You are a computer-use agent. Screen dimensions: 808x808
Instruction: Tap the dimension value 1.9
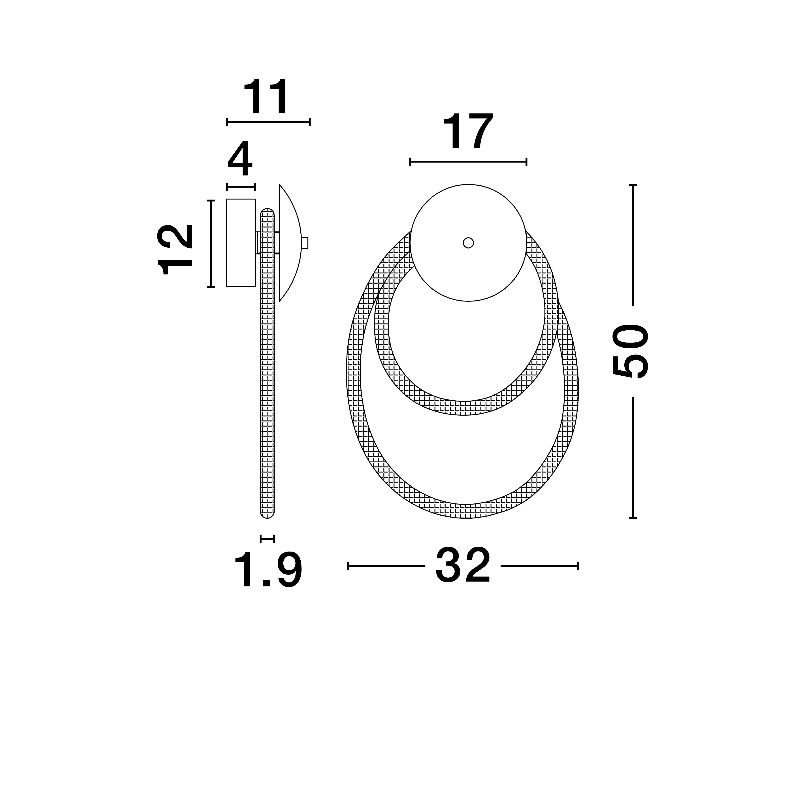tap(268, 571)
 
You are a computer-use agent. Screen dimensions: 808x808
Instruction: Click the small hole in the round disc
tap(468, 243)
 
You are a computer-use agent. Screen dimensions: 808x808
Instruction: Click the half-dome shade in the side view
tap(290, 243)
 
